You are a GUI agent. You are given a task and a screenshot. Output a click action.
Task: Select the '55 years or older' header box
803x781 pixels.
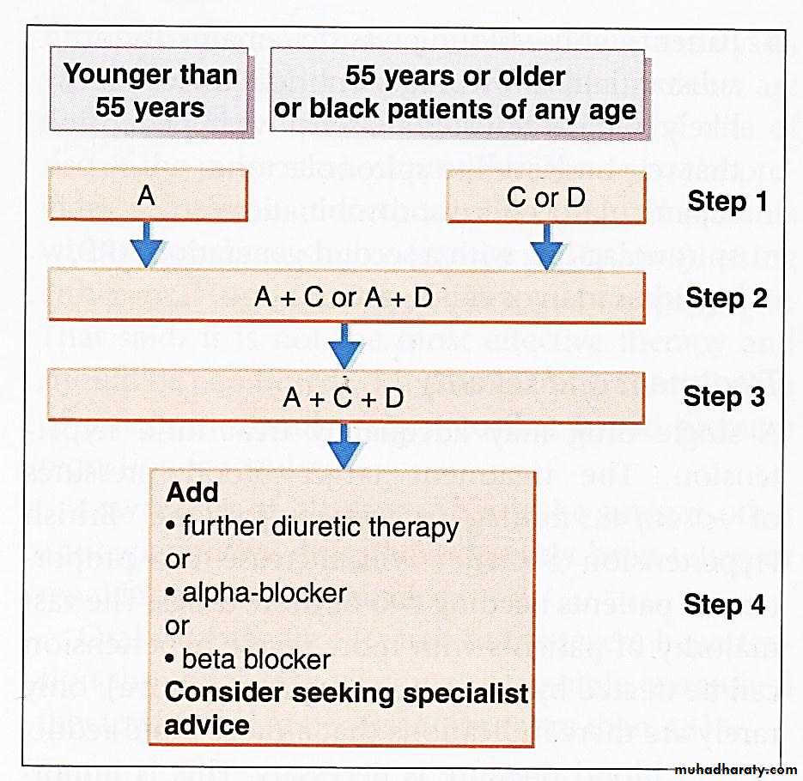[456, 90]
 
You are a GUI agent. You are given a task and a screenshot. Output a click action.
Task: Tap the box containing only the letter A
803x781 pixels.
[148, 197]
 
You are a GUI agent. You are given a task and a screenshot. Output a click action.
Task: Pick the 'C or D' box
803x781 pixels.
[545, 198]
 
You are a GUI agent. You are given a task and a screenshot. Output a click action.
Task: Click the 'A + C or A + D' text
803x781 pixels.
[344, 297]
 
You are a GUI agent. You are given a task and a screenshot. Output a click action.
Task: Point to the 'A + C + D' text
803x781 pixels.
[344, 398]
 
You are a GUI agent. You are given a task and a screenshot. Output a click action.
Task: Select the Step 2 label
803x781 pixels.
[727, 298]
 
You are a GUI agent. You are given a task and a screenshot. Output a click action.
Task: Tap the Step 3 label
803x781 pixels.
[724, 397]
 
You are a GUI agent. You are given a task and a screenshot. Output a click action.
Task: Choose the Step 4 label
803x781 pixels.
[724, 604]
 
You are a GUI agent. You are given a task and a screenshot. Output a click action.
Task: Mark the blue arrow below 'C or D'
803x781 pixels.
[546, 246]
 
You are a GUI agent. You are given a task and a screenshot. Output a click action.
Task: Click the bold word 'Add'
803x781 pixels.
[192, 493]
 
